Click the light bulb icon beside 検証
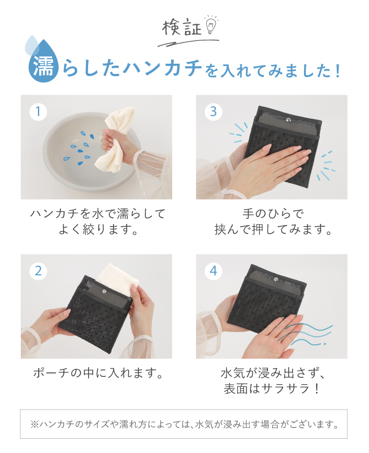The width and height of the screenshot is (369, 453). tap(211, 26)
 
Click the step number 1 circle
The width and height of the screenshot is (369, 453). tap(38, 112)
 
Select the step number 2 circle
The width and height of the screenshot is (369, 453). tap(38, 271)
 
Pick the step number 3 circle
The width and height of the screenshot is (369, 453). tap(214, 112)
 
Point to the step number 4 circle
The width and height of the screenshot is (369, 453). tap(214, 271)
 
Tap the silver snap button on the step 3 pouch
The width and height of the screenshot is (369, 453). tap(288, 120)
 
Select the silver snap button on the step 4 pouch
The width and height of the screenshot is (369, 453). tap(276, 279)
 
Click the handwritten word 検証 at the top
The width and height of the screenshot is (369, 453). tap(181, 28)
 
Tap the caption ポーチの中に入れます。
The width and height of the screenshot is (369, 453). tap(98, 373)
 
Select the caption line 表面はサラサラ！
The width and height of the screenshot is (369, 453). tap(272, 388)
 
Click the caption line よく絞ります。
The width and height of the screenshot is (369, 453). tap(98, 230)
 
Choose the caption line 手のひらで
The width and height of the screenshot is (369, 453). tap(273, 214)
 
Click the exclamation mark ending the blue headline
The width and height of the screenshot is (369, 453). tap(338, 71)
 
